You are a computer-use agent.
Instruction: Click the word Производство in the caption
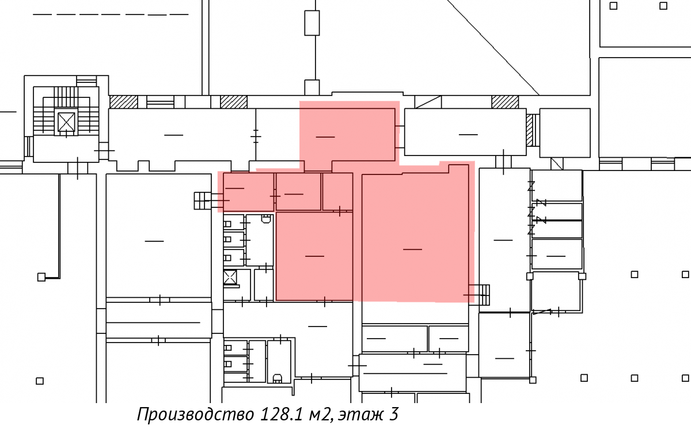196,415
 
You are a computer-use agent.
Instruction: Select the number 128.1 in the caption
282,414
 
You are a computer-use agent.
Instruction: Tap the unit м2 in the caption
321,415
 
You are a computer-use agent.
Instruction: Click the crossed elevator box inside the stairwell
66,122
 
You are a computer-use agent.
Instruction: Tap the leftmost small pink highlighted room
249,192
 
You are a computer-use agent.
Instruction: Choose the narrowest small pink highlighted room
337,192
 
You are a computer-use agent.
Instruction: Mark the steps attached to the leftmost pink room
203,200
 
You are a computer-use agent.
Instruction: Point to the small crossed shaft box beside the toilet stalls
230,277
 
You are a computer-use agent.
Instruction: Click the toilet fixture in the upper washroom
266,219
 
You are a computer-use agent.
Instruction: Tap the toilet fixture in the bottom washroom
277,378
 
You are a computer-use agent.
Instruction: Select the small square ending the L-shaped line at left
41,277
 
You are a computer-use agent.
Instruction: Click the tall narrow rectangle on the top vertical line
312,23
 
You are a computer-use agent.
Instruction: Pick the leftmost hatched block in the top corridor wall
124,102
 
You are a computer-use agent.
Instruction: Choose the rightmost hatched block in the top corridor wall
505,102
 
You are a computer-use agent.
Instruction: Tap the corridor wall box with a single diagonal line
428,102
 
